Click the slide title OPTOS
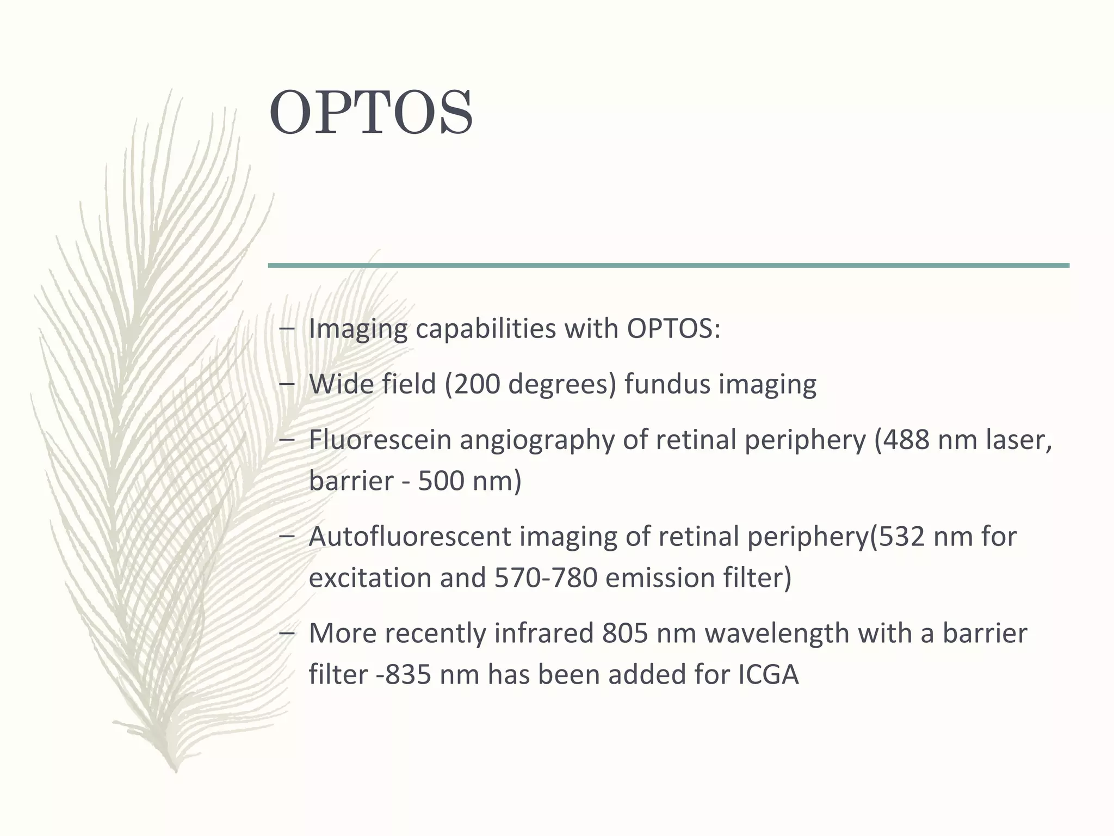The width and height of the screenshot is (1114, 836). [371, 113]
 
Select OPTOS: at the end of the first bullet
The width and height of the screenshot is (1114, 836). [673, 329]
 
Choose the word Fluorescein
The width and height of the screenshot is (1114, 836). [380, 440]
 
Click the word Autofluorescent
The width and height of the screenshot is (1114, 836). [410, 537]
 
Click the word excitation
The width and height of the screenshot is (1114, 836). [370, 578]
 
